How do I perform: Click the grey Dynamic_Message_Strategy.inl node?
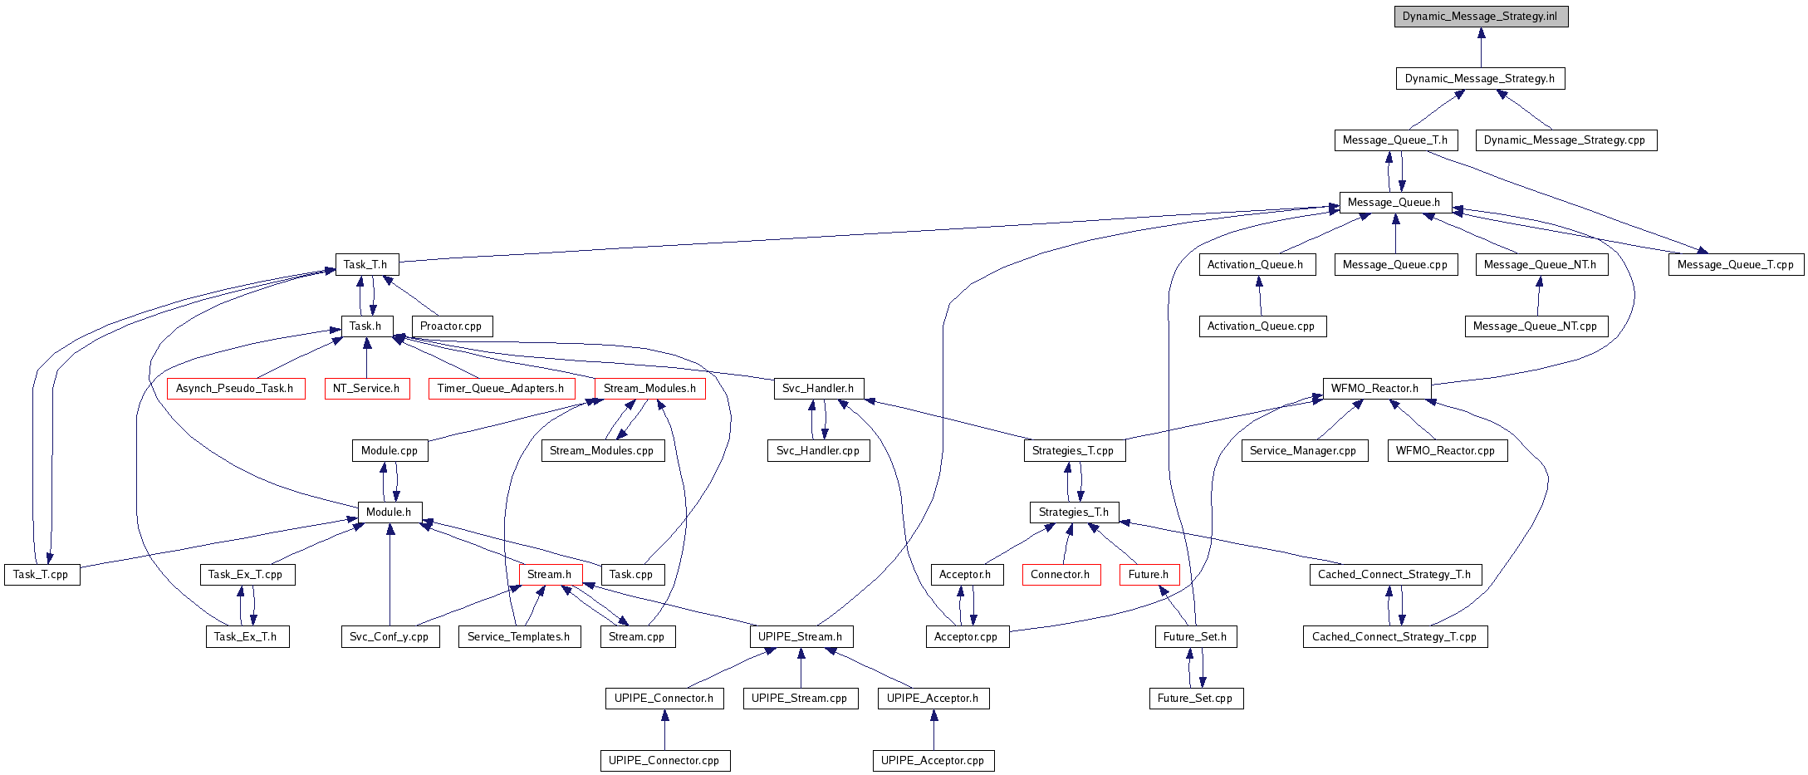tap(1481, 17)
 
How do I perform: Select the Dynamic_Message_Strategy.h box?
tap(1480, 79)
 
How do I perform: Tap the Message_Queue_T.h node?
tap(1395, 140)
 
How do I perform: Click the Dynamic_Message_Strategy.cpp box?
tap(1565, 140)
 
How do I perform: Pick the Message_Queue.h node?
tap(1394, 203)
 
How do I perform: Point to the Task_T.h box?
tap(366, 265)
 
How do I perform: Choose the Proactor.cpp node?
tap(451, 326)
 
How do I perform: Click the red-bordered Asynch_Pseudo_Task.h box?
tap(235, 389)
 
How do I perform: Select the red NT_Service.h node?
tap(366, 389)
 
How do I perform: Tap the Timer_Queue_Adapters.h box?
tap(501, 389)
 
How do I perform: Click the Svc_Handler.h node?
tap(818, 389)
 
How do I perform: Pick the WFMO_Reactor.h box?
tap(1375, 389)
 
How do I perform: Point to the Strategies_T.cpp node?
tap(1073, 451)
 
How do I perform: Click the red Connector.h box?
tap(1061, 575)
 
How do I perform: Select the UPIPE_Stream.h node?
tap(801, 637)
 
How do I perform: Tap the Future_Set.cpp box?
tap(1195, 699)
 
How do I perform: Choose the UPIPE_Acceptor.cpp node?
tap(933, 761)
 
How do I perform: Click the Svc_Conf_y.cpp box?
tap(390, 637)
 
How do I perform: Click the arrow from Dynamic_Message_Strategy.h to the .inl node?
tap(1481, 48)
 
